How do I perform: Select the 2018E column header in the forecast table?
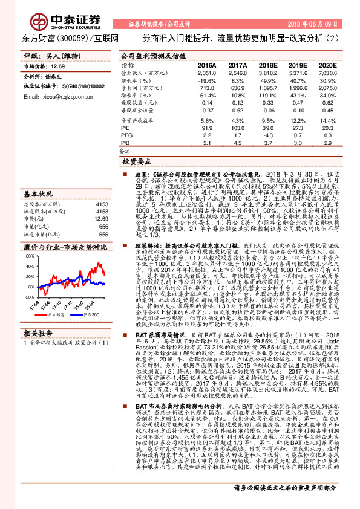tap(250, 64)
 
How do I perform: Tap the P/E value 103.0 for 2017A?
tap(237, 128)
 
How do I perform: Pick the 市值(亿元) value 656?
tap(103, 225)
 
